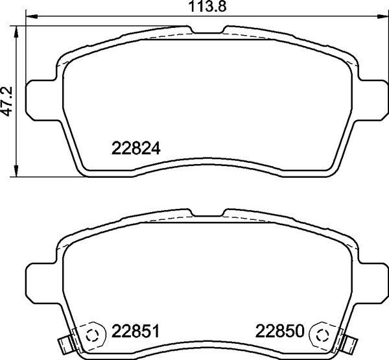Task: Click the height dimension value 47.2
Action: tap(7, 102)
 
